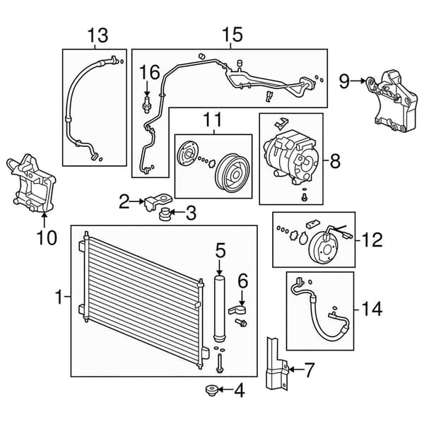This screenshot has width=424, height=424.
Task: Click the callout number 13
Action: pyautogui.click(x=98, y=35)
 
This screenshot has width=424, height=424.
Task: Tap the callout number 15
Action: pyautogui.click(x=232, y=35)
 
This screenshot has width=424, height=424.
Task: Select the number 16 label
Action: pyautogui.click(x=150, y=72)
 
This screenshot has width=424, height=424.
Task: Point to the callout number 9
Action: pyautogui.click(x=345, y=81)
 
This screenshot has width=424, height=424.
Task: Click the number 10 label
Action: pyautogui.click(x=47, y=237)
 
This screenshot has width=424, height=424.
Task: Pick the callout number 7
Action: pyautogui.click(x=310, y=370)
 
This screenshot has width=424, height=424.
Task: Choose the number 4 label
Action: pyautogui.click(x=240, y=391)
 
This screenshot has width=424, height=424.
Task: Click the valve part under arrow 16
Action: pyautogui.click(x=146, y=104)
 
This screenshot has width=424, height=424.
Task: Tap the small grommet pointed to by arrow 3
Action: pyautogui.click(x=164, y=214)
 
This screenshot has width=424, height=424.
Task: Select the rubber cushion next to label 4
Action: pyautogui.click(x=212, y=390)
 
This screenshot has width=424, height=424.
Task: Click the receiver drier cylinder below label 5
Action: pyautogui.click(x=219, y=307)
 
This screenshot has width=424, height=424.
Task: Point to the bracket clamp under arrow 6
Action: pyautogui.click(x=237, y=310)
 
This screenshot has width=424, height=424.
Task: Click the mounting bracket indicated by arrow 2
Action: pyautogui.click(x=158, y=201)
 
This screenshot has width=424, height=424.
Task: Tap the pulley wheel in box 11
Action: pyautogui.click(x=232, y=173)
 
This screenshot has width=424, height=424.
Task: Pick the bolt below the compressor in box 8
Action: pyautogui.click(x=305, y=198)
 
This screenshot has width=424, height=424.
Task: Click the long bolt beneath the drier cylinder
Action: pyautogui.click(x=219, y=363)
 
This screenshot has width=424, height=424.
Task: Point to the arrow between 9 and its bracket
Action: pyautogui.click(x=359, y=81)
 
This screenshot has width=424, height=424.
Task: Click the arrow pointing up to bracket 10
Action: pyautogui.click(x=45, y=220)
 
